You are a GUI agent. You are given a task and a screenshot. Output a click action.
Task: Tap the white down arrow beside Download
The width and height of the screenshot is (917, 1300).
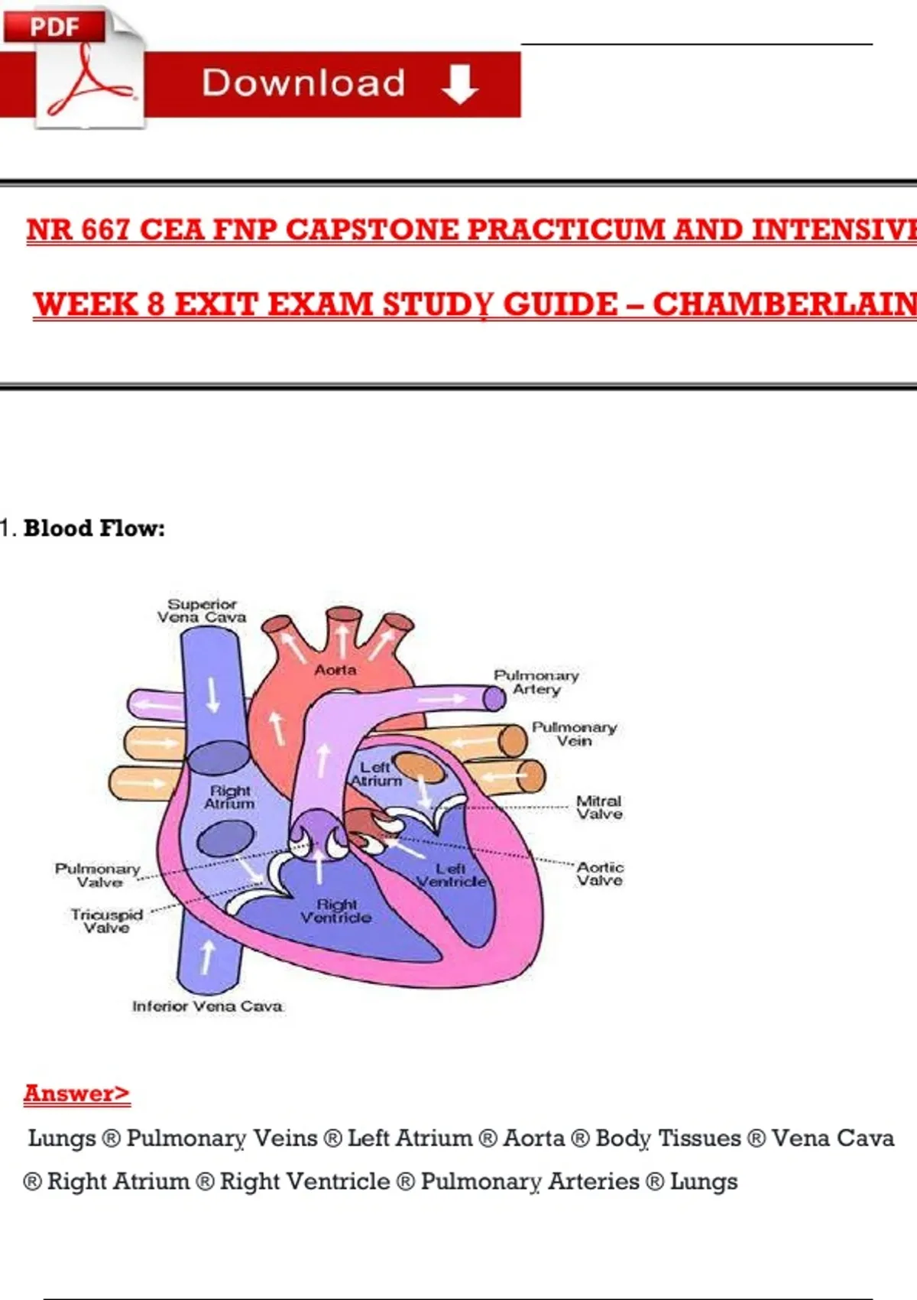[459, 83]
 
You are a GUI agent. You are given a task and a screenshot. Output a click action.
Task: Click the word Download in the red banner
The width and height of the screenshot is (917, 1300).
[303, 83]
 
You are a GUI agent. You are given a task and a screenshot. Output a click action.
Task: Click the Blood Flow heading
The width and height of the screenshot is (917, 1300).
[93, 528]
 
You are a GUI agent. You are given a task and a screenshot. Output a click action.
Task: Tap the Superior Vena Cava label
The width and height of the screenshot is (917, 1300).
[202, 611]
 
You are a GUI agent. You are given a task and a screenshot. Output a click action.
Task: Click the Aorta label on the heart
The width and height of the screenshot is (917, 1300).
[335, 670]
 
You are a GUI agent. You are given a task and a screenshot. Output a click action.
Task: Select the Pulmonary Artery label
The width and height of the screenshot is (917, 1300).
[536, 682]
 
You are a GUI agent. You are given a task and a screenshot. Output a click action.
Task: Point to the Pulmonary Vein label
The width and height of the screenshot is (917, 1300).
[574, 734]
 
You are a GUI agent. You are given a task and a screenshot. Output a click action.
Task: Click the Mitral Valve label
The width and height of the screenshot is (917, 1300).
[599, 808]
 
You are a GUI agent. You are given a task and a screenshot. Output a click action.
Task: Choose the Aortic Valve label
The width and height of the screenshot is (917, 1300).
[600, 874]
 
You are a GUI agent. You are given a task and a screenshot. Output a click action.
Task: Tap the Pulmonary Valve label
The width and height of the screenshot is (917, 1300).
[98, 876]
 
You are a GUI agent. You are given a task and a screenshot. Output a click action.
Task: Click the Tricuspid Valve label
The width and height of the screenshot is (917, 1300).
[106, 921]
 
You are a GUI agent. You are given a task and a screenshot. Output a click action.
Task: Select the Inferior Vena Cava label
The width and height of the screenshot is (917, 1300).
[207, 1006]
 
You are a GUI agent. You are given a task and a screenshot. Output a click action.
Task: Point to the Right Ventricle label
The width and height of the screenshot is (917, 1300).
[336, 911]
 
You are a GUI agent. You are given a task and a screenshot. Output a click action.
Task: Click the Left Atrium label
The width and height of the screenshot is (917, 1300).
[376, 774]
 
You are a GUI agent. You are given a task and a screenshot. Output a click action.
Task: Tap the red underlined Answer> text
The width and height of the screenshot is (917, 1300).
[76, 1094]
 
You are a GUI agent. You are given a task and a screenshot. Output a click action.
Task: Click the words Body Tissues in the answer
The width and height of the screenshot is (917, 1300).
[668, 1139]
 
